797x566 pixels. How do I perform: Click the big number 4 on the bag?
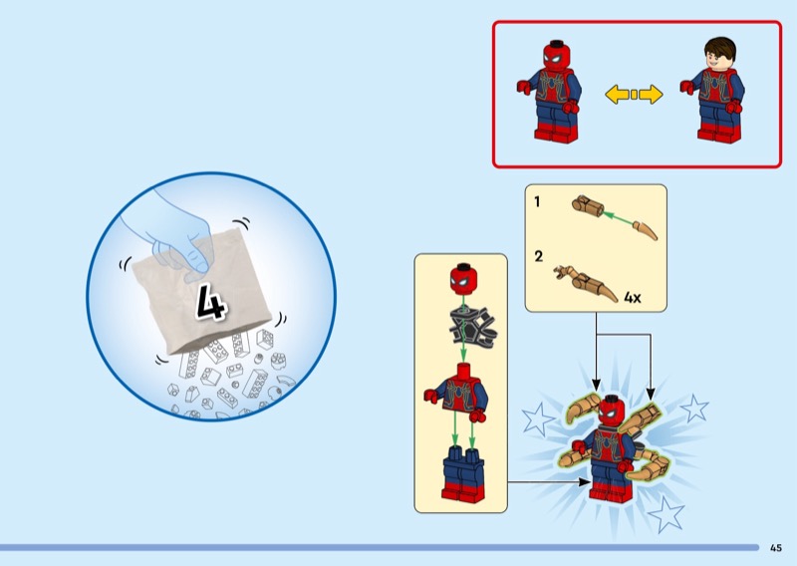(210, 303)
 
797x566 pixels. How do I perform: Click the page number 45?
(776, 548)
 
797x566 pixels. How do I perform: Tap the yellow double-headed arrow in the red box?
(634, 95)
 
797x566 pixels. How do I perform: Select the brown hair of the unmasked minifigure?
(720, 48)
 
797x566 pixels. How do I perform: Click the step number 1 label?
(537, 202)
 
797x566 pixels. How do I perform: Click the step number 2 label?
(539, 256)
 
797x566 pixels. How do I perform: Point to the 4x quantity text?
(633, 298)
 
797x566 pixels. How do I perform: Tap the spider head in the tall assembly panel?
(463, 279)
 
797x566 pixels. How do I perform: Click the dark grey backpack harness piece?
(472, 327)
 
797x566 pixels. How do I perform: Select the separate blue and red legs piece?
(463, 474)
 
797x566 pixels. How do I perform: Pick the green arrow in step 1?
(617, 218)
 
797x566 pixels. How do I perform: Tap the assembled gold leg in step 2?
(586, 284)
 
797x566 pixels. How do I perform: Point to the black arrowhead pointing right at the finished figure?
(585, 481)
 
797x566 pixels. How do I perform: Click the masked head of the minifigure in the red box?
(557, 56)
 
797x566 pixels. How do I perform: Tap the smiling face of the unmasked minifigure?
(719, 61)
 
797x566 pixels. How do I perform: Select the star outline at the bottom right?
(666, 514)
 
